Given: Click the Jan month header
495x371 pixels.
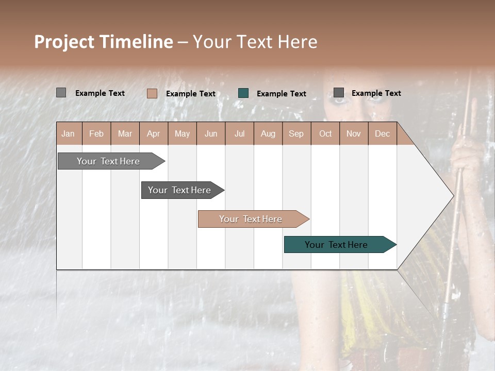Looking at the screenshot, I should (68, 134).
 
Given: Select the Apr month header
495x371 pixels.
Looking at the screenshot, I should (154, 134).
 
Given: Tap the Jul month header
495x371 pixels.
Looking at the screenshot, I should (239, 134).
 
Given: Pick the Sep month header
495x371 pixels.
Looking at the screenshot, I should (296, 134).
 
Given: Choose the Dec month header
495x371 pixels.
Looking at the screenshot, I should (382, 134).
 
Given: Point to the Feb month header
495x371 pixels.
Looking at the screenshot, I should (96, 134).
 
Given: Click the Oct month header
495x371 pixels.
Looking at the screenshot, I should (325, 134).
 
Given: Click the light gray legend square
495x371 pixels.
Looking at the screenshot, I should (61, 93).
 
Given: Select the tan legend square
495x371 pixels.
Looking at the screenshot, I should (152, 93).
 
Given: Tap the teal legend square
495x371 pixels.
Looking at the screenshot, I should (243, 93).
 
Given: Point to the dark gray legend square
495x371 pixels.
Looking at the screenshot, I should (339, 93).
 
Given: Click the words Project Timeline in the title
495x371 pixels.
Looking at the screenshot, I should (103, 42).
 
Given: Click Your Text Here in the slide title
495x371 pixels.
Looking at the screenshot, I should (255, 42).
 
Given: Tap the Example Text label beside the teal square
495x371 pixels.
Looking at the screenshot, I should (281, 94).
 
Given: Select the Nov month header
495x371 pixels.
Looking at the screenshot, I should (354, 134).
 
